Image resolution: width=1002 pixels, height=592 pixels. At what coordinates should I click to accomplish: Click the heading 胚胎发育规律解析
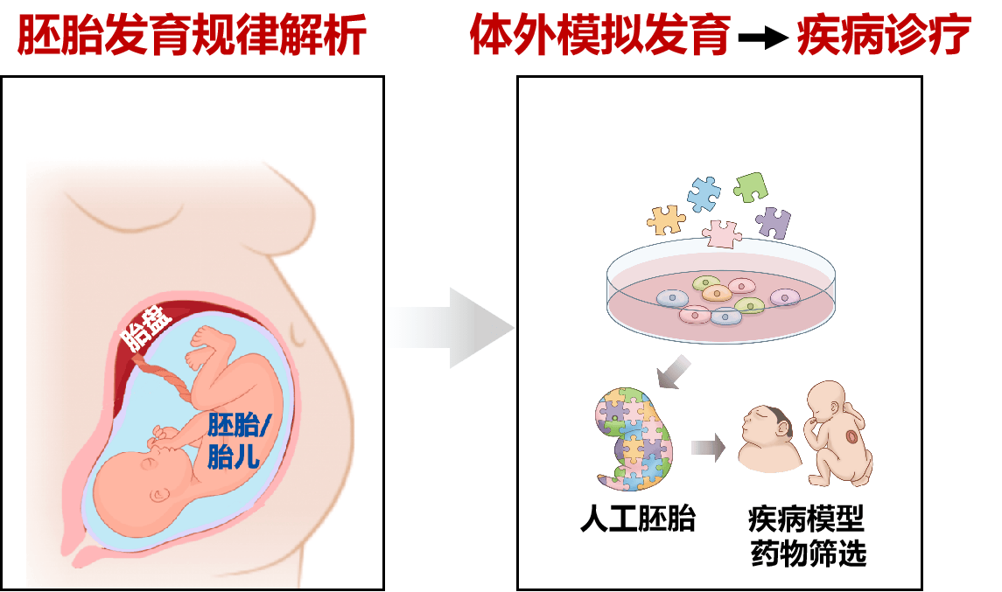coord(192,34)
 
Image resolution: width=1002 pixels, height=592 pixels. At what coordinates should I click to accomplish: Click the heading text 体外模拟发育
coord(600,34)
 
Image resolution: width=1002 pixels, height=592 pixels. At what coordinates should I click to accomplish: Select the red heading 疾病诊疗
coord(884,34)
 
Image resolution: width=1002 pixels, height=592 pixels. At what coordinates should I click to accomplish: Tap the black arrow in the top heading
coord(764,37)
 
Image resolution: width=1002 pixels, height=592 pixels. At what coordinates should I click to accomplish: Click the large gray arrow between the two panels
coord(452,328)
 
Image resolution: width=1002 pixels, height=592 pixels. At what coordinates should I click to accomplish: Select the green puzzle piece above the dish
coord(750,186)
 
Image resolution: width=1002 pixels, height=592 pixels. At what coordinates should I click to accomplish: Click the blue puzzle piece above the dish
coord(704,193)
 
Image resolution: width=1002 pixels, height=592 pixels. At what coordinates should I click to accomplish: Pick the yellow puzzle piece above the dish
coord(666,220)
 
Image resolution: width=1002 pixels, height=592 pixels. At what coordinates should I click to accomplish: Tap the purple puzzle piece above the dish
coord(774,222)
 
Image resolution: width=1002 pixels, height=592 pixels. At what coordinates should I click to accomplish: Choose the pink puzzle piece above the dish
coord(722,233)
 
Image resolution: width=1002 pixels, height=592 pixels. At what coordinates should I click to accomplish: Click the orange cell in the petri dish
coord(717,293)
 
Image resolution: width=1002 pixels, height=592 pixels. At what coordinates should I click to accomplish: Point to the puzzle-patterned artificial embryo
coord(633,439)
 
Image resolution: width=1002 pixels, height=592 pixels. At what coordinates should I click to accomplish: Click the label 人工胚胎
coord(638,519)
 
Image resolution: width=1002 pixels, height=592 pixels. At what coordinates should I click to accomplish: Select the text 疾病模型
coord(807,519)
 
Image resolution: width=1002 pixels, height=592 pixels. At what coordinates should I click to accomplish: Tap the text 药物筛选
coord(809,553)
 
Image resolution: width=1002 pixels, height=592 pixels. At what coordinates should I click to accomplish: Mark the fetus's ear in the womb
coord(158,495)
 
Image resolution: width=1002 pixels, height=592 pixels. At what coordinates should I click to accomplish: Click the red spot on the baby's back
coord(853,437)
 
